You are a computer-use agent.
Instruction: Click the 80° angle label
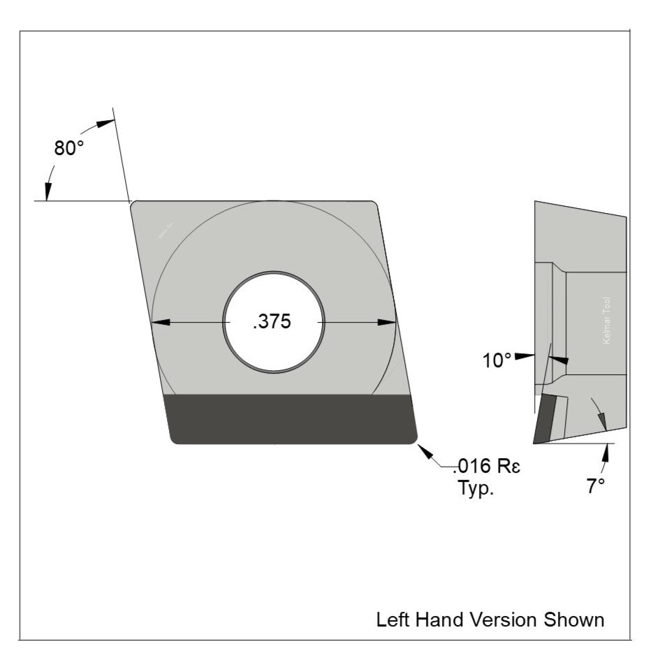click(x=69, y=148)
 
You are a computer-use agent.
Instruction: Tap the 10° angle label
click(x=497, y=360)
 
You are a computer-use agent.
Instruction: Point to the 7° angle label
click(x=595, y=486)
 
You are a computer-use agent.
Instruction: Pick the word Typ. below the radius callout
click(x=476, y=487)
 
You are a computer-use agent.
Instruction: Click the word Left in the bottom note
click(x=390, y=619)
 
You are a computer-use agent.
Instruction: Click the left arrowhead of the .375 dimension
click(x=161, y=322)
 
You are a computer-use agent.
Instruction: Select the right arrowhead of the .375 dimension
click(x=386, y=322)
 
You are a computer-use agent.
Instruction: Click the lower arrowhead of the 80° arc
click(x=48, y=192)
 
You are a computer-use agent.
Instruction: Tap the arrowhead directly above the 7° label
click(x=606, y=454)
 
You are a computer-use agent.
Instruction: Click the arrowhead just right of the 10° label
click(x=558, y=359)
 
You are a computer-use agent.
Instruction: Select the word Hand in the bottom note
click(x=437, y=619)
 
